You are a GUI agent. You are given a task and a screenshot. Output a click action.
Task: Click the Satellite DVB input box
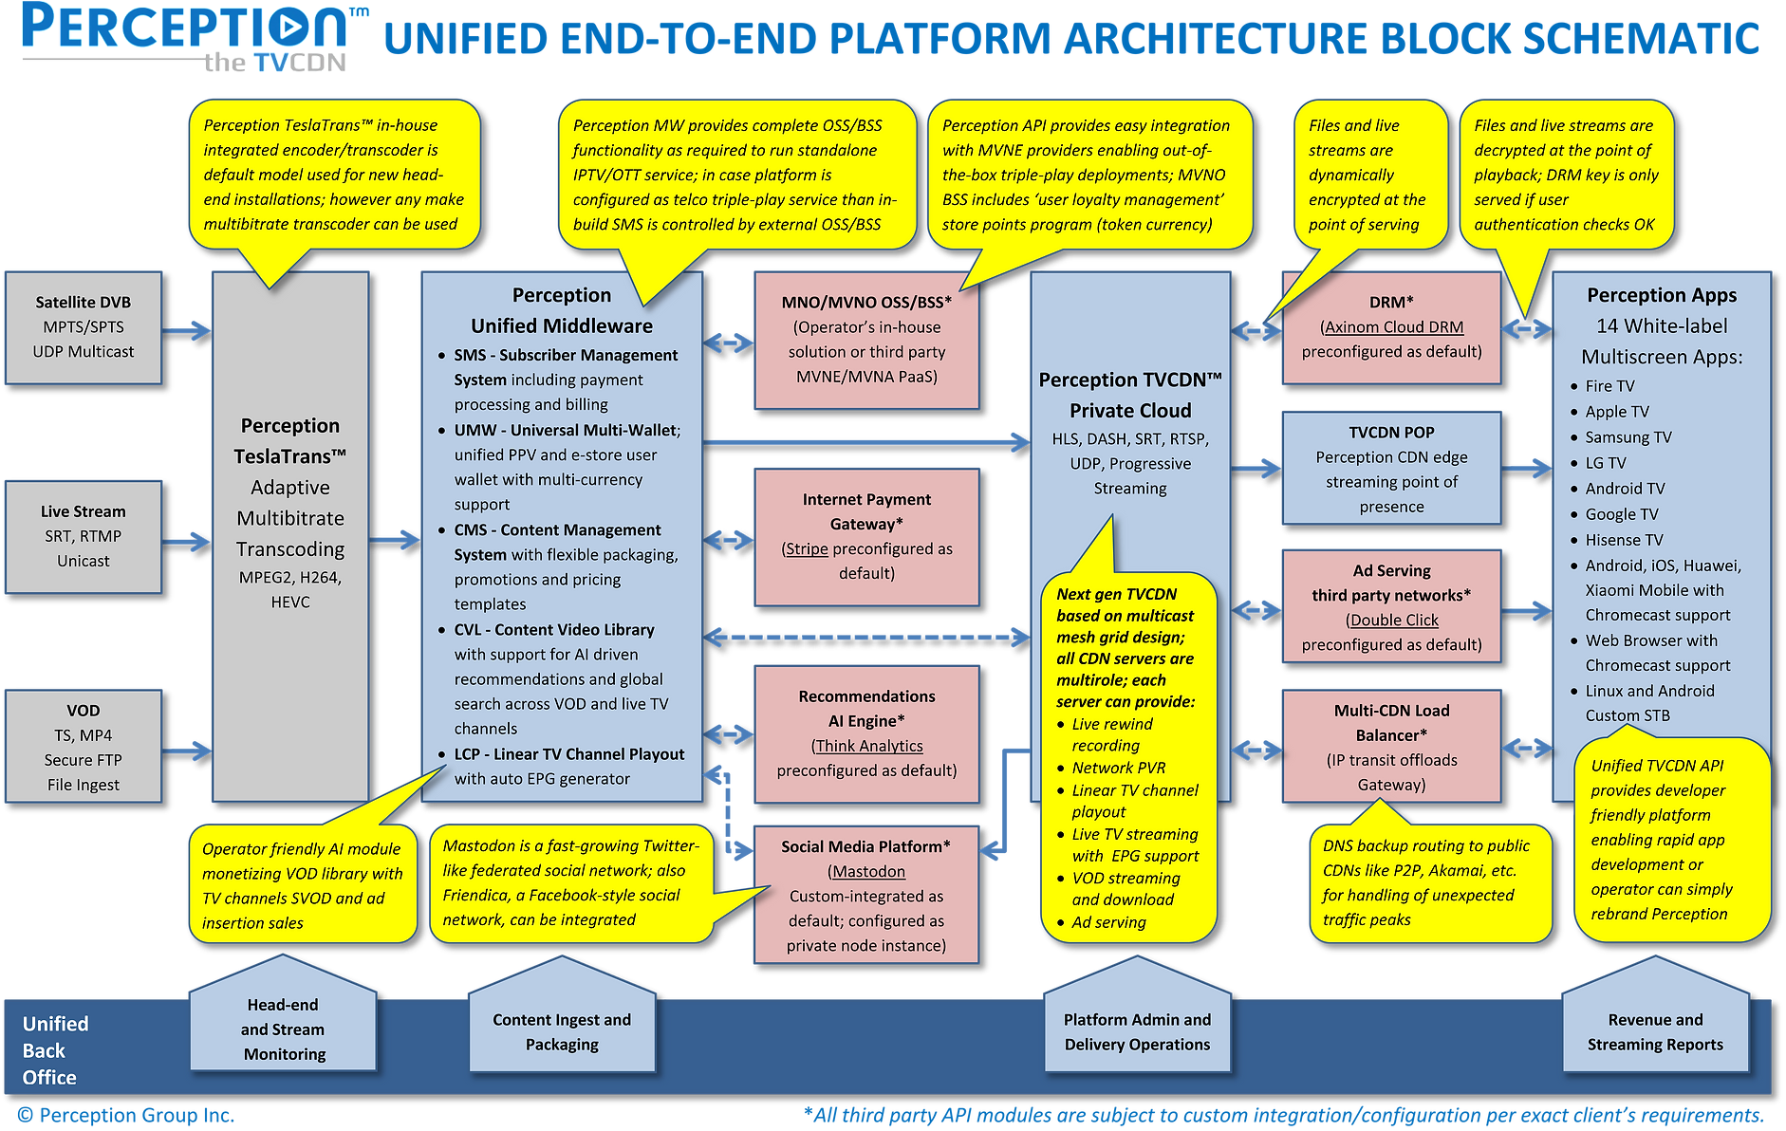pyautogui.click(x=84, y=327)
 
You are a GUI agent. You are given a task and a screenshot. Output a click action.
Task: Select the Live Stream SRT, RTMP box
pyautogui.click(x=84, y=536)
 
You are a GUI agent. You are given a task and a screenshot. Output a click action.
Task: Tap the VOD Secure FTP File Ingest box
pyautogui.click(x=84, y=747)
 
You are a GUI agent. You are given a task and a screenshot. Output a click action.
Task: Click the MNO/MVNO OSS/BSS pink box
pyautogui.click(x=866, y=340)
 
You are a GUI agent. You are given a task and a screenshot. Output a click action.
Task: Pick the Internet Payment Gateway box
pyautogui.click(x=866, y=536)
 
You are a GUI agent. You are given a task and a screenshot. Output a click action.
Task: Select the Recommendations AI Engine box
pyautogui.click(x=866, y=733)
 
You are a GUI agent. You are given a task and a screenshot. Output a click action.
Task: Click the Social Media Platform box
pyautogui.click(x=866, y=895)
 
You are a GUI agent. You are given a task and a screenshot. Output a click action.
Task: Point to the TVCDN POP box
pyautogui.click(x=1391, y=468)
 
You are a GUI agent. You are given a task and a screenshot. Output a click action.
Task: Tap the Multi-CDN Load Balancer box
pyautogui.click(x=1391, y=747)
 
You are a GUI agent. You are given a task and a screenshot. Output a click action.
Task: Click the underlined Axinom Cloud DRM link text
pyautogui.click(x=1393, y=327)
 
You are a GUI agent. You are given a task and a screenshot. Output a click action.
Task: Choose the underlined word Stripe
pyautogui.click(x=807, y=549)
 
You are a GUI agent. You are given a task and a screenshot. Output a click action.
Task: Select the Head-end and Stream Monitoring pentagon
pyautogui.click(x=283, y=1029)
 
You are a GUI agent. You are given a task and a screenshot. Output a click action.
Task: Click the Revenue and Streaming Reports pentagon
pyautogui.click(x=1655, y=1031)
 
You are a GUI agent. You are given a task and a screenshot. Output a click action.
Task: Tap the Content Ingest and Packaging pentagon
pyautogui.click(x=562, y=1031)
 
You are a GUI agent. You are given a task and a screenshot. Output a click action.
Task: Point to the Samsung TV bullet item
pyautogui.click(x=1628, y=437)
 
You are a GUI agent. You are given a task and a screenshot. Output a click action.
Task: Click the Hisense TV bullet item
pyautogui.click(x=1624, y=540)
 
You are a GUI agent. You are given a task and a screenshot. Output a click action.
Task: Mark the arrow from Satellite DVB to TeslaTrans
pyautogui.click(x=187, y=330)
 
